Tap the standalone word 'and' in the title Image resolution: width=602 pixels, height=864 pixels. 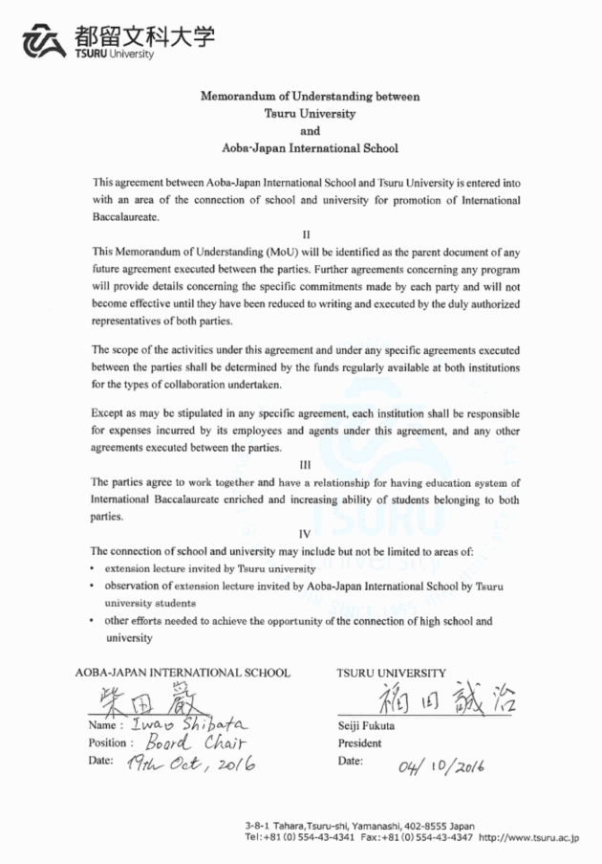point(309,131)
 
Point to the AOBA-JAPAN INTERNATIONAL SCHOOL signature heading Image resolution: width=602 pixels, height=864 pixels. point(182,673)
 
